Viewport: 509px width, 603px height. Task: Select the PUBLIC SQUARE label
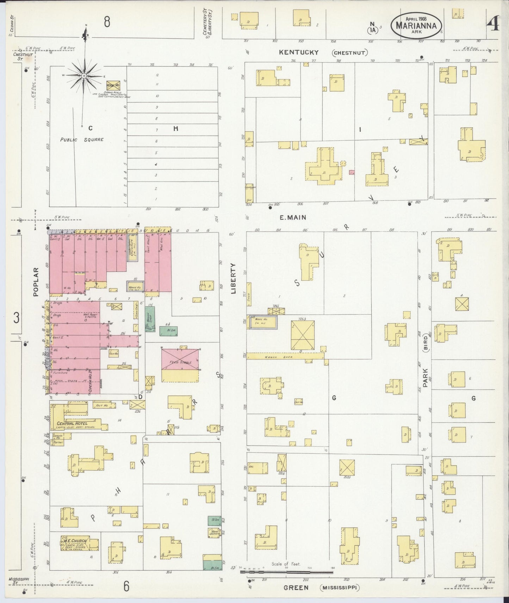[82, 140]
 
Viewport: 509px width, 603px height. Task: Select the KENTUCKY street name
[299, 52]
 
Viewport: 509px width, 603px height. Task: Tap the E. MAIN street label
[293, 217]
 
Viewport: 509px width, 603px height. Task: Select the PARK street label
[425, 378]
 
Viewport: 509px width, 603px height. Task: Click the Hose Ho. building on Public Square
[112, 85]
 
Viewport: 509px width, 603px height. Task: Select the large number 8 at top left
[107, 22]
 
